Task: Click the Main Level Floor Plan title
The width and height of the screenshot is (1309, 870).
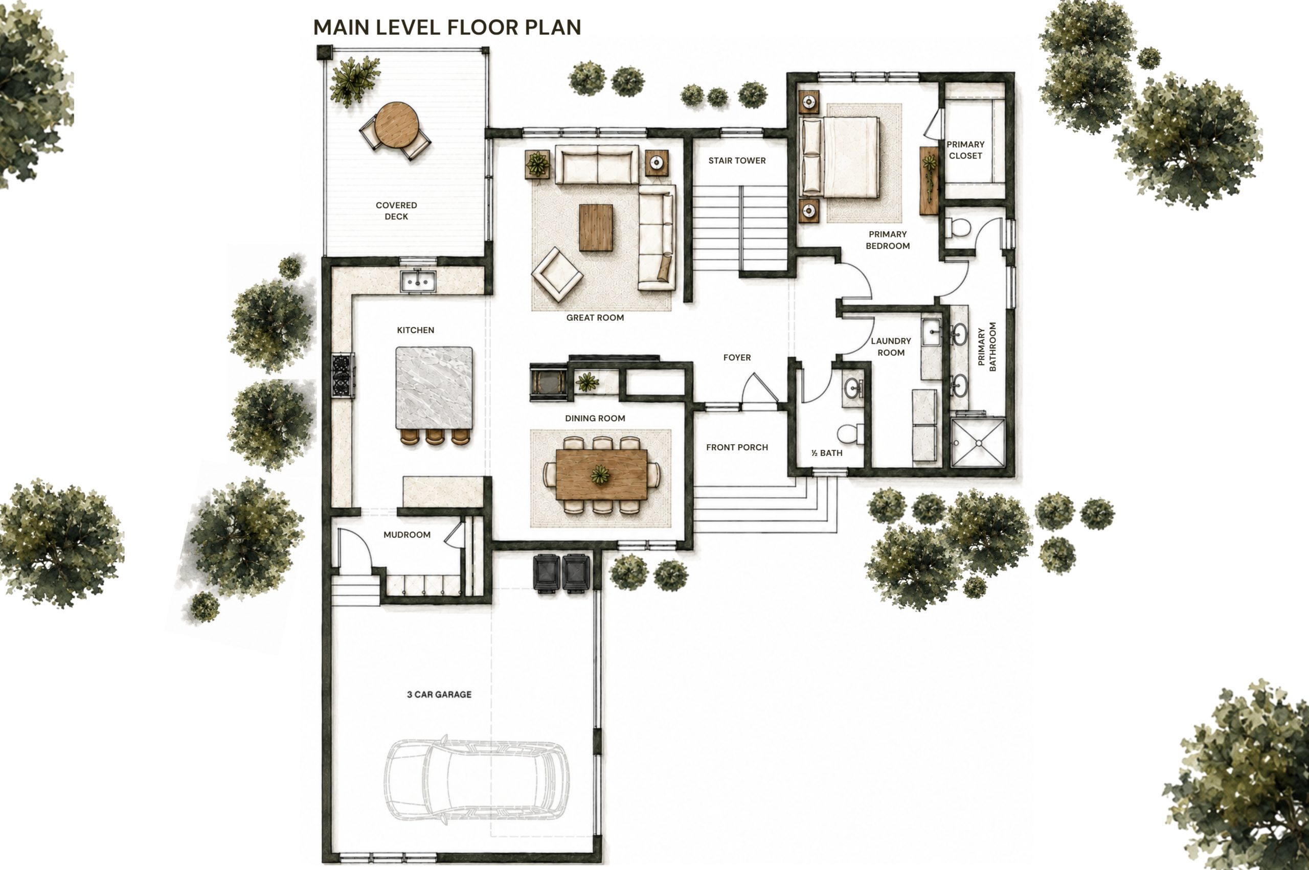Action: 447,27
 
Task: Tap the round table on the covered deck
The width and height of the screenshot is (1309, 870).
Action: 396,125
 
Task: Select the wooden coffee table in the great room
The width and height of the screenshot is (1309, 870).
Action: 596,227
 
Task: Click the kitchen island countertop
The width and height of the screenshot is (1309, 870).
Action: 434,388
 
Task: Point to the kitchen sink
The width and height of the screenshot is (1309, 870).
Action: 418,281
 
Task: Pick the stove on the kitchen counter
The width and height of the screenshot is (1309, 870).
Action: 343,376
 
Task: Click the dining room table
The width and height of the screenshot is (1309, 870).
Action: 601,474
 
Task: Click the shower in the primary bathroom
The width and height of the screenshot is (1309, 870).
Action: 978,442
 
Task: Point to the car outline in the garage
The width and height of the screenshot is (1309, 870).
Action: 476,780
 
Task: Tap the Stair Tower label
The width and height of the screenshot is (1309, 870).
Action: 737,161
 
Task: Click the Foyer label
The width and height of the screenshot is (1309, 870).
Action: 737,357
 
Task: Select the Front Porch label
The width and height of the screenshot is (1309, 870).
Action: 737,447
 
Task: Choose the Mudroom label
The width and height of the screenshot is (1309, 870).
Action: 407,534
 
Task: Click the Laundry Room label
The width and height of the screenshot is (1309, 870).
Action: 891,347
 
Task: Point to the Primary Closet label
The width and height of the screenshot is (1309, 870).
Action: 965,150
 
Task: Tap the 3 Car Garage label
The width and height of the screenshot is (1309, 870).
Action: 439,694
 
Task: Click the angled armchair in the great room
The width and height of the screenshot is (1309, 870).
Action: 557,274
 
